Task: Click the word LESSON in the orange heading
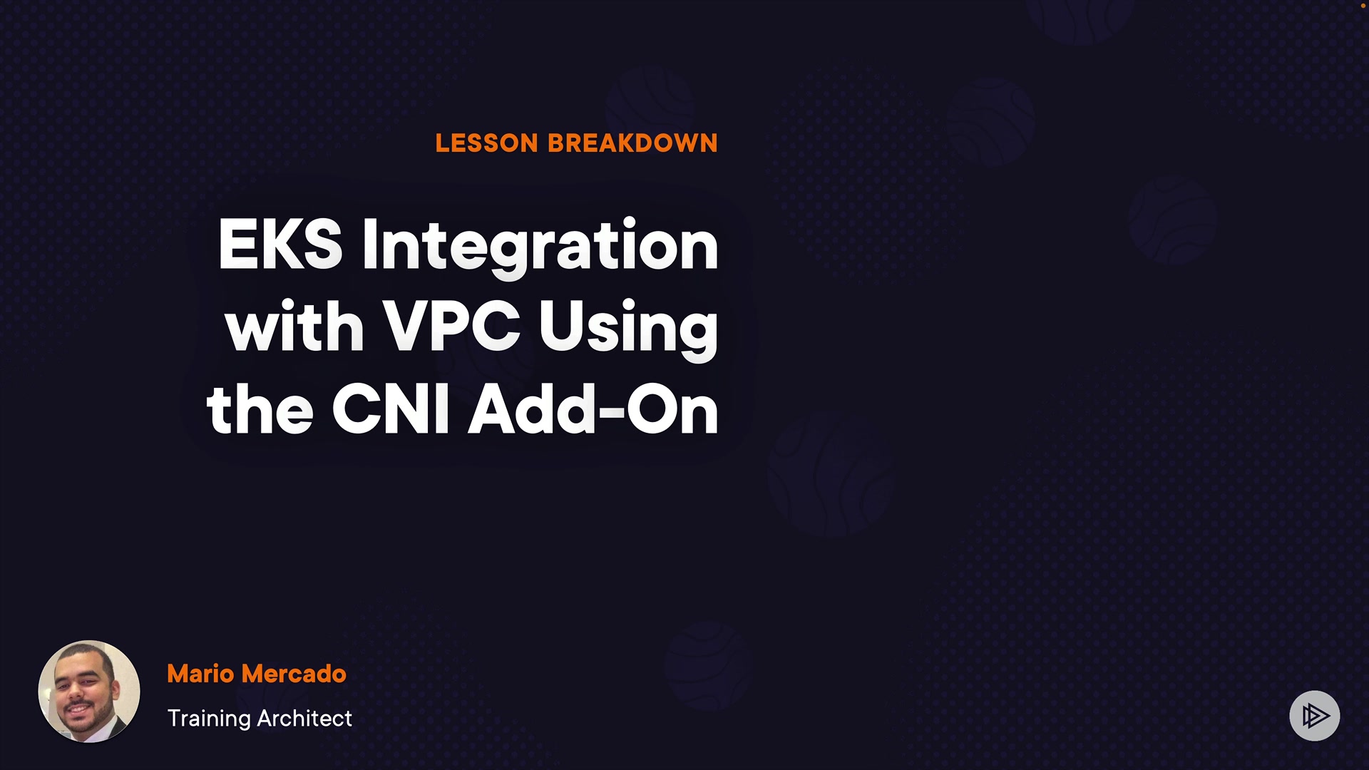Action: pyautogui.click(x=487, y=143)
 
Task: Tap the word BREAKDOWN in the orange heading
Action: pyautogui.click(x=632, y=143)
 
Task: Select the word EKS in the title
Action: pyautogui.click(x=280, y=245)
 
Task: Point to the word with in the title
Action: pyautogui.click(x=294, y=326)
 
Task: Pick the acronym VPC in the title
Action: pyautogui.click(x=452, y=327)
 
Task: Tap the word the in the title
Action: pyautogui.click(x=260, y=408)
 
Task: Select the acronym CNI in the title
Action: pyautogui.click(x=391, y=409)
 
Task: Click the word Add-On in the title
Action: pyautogui.click(x=593, y=409)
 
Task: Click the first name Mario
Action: pyautogui.click(x=200, y=674)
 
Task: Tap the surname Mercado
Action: pyautogui.click(x=294, y=674)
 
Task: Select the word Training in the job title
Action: pyautogui.click(x=209, y=719)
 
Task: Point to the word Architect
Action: pyautogui.click(x=304, y=718)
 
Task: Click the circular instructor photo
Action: pyautogui.click(x=89, y=692)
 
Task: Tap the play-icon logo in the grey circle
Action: pyautogui.click(x=1315, y=716)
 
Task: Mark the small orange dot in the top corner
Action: pyautogui.click(x=1363, y=5)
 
